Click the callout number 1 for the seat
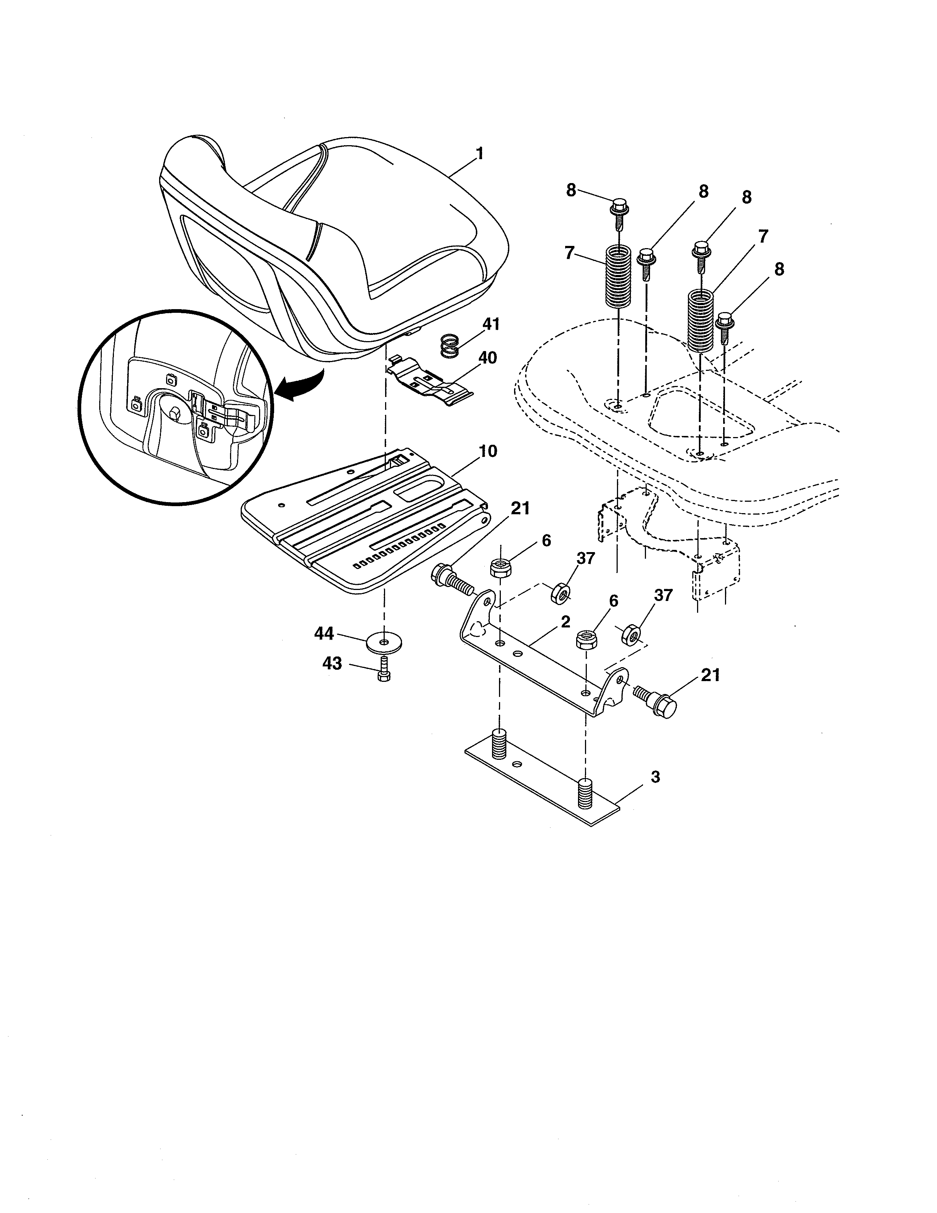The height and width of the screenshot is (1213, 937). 480,153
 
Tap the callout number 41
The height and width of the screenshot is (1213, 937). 491,324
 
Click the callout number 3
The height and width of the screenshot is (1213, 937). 655,777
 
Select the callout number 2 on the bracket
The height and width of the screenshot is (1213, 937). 565,622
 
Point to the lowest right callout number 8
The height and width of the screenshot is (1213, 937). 779,269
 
